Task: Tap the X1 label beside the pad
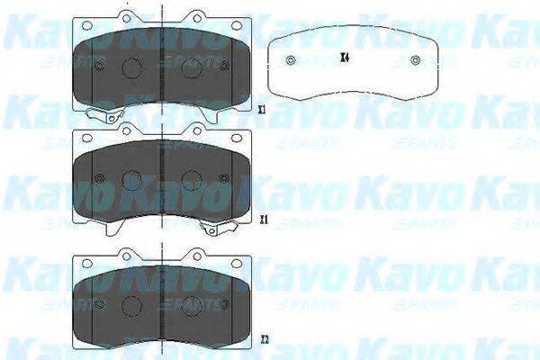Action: [x=261, y=110]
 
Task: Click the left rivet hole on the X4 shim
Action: [x=289, y=61]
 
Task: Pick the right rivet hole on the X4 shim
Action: [x=413, y=61]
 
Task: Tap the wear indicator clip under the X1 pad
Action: [x=106, y=113]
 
